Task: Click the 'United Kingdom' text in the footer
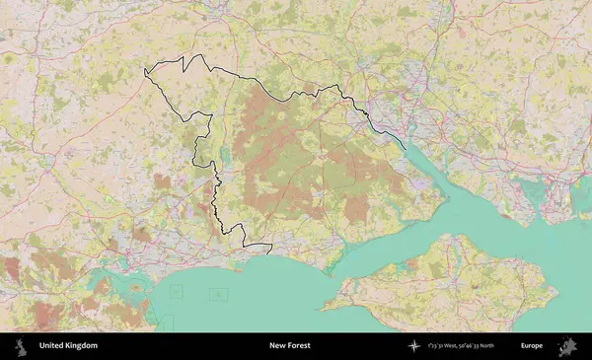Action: [x=68, y=346]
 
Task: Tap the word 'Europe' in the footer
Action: [x=532, y=346]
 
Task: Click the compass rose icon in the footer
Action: [x=413, y=346]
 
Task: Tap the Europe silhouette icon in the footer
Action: [x=567, y=346]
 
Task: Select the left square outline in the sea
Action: [x=177, y=291]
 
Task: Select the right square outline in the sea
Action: [x=218, y=293]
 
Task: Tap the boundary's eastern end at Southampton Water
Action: [x=405, y=149]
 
